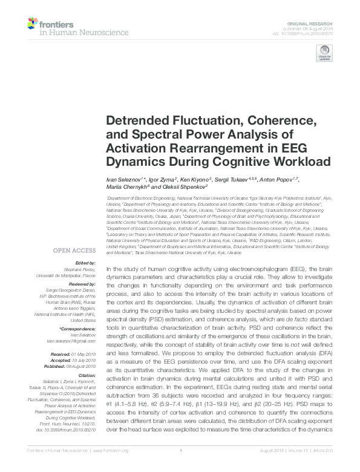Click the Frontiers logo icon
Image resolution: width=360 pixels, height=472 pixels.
click(33, 24)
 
